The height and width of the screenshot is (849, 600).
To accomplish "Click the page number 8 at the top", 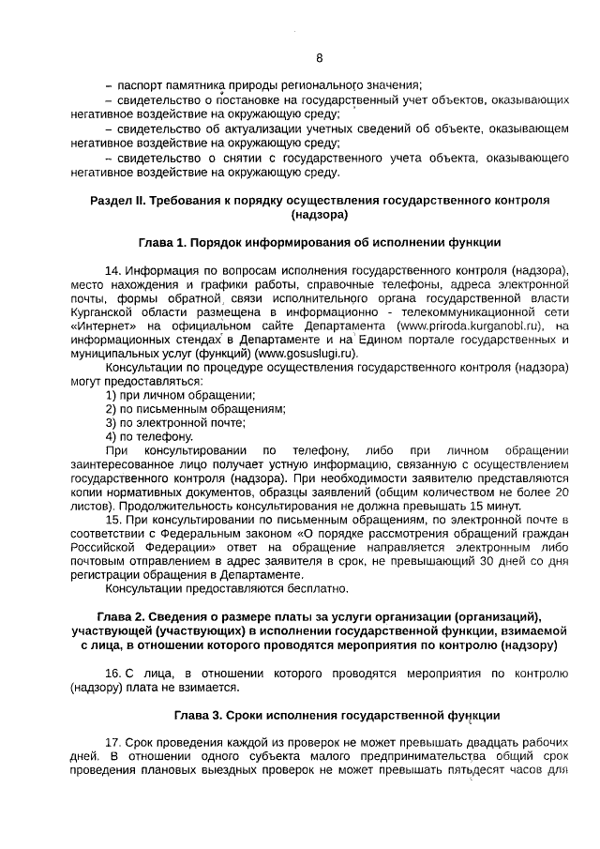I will (x=319, y=58).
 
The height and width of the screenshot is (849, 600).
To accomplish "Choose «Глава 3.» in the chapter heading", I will (x=200, y=715).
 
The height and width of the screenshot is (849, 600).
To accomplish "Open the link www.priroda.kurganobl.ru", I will (x=471, y=326).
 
